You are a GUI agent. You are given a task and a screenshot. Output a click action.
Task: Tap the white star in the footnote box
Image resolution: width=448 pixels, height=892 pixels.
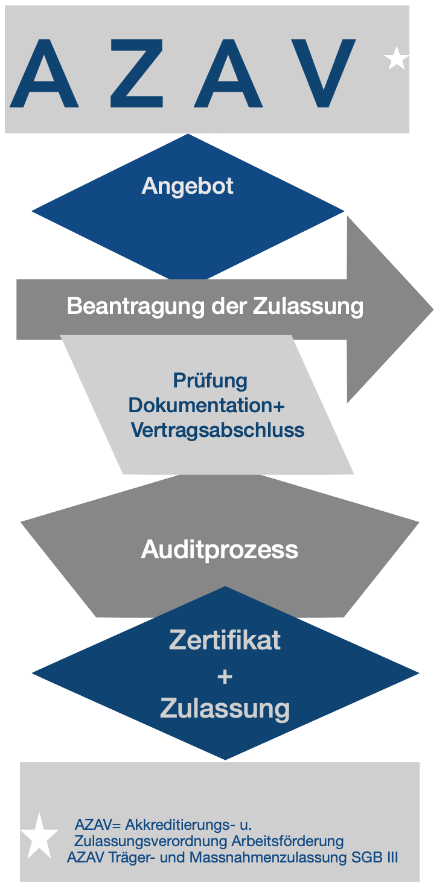click(x=40, y=837)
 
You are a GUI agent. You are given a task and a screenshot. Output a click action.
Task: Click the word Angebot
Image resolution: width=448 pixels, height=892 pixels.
click(x=187, y=186)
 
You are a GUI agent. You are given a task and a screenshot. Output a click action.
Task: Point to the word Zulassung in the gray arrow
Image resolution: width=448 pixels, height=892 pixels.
click(x=307, y=306)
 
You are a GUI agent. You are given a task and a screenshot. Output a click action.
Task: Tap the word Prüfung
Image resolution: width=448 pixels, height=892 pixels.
click(x=210, y=381)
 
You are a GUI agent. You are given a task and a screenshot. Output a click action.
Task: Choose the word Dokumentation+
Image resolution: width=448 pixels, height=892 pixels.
click(x=206, y=405)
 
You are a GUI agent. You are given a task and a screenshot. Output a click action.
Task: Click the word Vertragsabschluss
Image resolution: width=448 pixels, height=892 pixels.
click(x=217, y=430)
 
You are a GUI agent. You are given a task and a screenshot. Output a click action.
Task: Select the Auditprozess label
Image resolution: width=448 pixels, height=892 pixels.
click(x=220, y=550)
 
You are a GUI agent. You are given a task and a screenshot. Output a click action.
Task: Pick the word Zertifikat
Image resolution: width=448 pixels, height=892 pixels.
click(x=225, y=640)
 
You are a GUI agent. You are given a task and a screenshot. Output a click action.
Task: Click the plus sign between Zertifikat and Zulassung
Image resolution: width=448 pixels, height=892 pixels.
click(x=225, y=677)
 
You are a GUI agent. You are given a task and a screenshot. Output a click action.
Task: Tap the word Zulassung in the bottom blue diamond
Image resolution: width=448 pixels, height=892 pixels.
click(x=225, y=709)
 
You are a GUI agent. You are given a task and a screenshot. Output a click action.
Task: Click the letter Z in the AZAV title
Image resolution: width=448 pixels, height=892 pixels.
click(x=130, y=73)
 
